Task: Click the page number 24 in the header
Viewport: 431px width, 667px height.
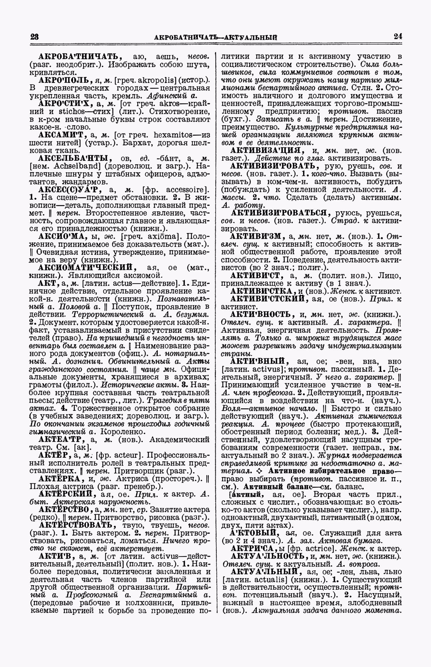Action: tap(398, 36)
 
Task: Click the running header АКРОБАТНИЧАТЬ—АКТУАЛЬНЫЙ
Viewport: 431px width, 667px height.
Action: tap(216, 37)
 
